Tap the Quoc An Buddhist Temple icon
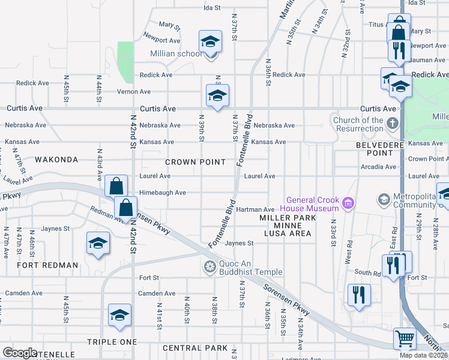[210, 266]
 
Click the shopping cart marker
[405, 339]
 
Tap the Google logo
[20, 352]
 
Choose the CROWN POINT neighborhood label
[195, 162]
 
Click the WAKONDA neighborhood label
[56, 160]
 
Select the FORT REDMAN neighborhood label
[47, 265]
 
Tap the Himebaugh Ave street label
[163, 193]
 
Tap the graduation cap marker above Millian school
[210, 41]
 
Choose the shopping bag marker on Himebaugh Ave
[115, 186]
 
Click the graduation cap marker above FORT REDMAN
[98, 243]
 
